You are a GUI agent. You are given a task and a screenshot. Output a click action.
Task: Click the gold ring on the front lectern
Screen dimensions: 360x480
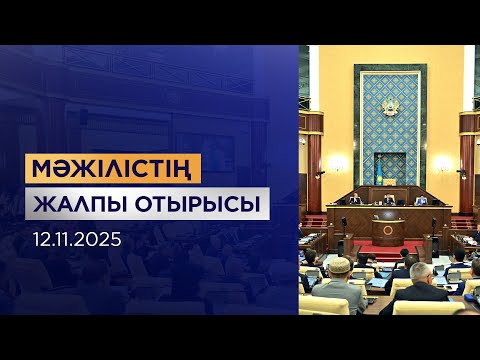pyautogui.click(x=388, y=229)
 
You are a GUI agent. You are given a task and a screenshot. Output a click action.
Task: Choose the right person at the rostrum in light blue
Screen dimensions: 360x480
pyautogui.click(x=423, y=199)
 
